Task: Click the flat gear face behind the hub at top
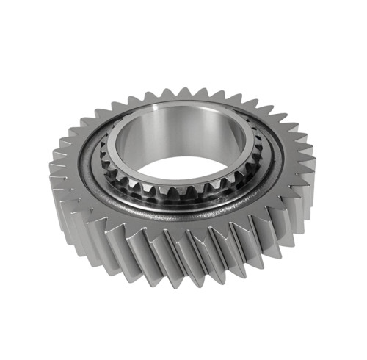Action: (183, 102)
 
